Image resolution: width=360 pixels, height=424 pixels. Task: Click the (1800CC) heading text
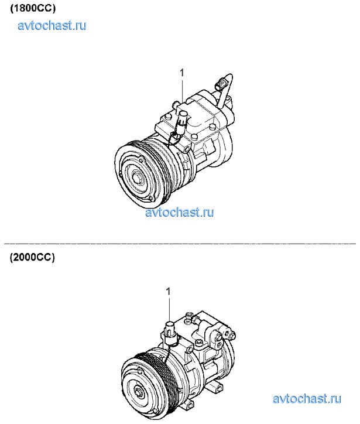pos(33,8)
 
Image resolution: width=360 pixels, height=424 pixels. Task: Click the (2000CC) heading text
pos(32,257)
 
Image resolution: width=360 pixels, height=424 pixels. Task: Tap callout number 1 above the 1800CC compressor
pos(182,73)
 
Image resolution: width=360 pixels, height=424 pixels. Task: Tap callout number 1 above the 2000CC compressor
pos(169,292)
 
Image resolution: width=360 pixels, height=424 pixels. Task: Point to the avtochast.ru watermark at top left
pos(52,25)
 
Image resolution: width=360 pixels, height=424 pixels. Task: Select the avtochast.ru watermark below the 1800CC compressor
pos(180,212)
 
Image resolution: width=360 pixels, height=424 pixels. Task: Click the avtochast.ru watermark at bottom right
pos(307,399)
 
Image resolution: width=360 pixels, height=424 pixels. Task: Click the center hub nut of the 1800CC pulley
pos(136,178)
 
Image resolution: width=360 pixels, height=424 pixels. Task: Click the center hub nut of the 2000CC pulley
pos(139,392)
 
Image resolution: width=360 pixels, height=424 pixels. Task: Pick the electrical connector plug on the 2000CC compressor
pos(169,332)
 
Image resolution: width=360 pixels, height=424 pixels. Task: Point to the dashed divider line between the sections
pos(180,244)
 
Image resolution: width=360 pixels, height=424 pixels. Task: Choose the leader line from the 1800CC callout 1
pos(183,90)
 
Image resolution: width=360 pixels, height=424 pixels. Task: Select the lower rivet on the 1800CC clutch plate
pos(150,199)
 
